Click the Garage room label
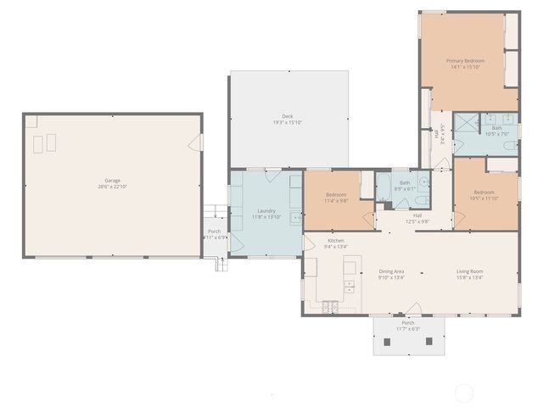(112, 180)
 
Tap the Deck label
(288, 116)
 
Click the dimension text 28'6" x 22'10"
(112, 187)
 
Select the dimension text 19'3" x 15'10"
(288, 123)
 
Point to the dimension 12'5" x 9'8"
(417, 221)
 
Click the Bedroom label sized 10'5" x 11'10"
(484, 192)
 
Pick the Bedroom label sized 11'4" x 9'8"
(336, 194)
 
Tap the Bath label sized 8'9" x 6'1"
(405, 182)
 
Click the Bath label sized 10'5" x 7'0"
(496, 128)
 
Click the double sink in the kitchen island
(349, 285)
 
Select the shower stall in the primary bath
(466, 125)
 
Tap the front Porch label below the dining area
(408, 323)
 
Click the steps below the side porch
(222, 264)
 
